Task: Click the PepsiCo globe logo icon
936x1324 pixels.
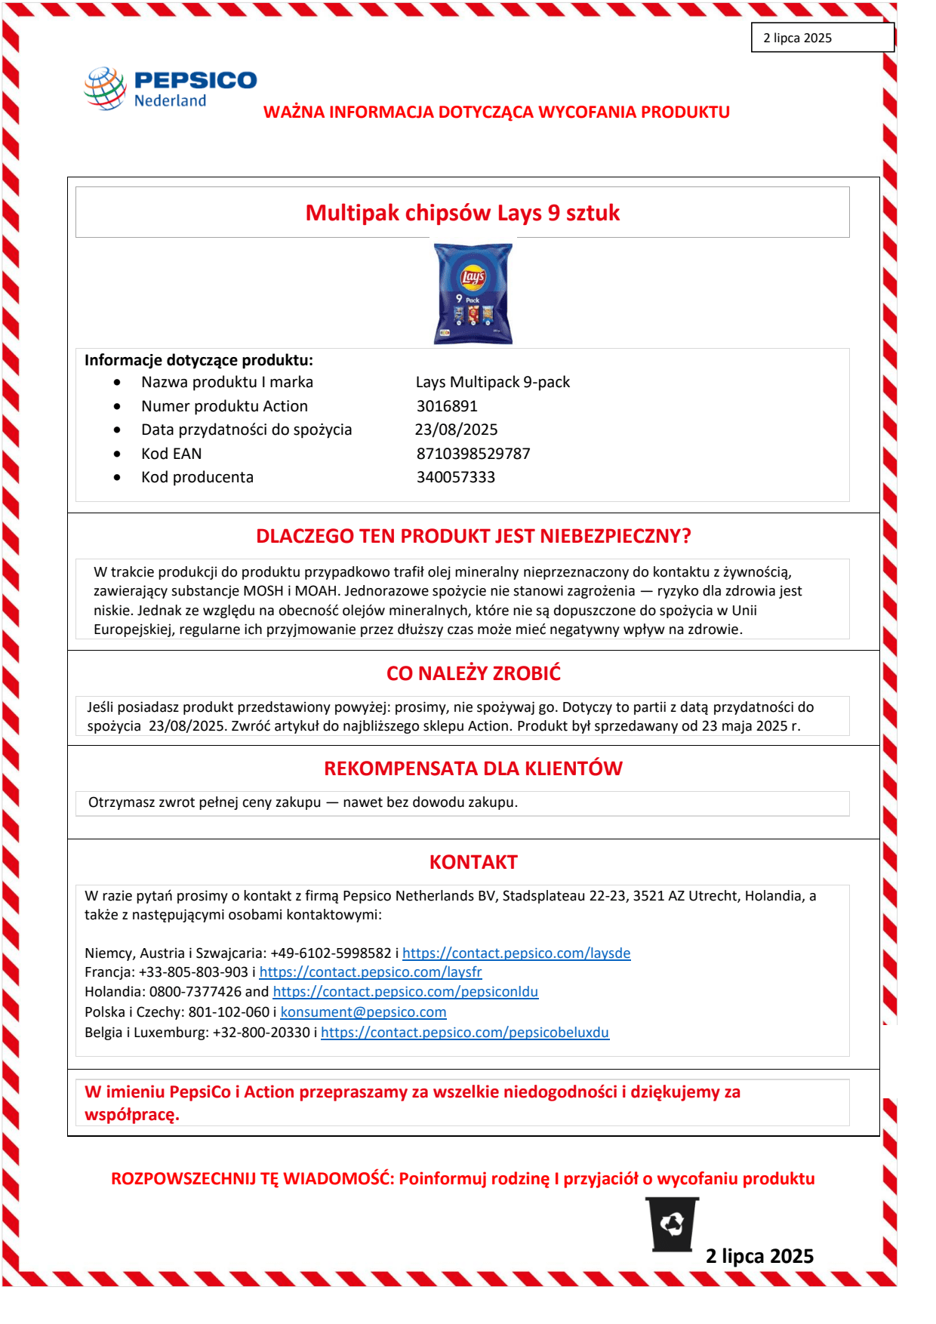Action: pyautogui.click(x=105, y=88)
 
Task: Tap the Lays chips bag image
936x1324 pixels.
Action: pyautogui.click(x=473, y=294)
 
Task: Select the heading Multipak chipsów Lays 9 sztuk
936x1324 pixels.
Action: pyautogui.click(x=462, y=213)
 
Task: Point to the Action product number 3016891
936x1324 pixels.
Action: pyautogui.click(x=447, y=406)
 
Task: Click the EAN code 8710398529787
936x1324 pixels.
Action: pyautogui.click(x=473, y=454)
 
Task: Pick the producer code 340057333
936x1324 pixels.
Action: pyautogui.click(x=456, y=477)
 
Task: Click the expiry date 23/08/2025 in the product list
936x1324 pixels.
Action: pyautogui.click(x=456, y=430)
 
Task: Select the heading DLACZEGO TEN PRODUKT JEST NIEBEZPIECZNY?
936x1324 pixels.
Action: pyautogui.click(x=473, y=536)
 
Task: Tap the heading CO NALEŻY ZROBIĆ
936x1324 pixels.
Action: pyautogui.click(x=473, y=673)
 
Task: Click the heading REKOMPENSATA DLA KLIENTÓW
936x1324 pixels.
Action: pyautogui.click(x=473, y=768)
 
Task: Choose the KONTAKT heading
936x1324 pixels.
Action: pyautogui.click(x=473, y=862)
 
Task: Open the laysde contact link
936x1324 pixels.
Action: pyautogui.click(x=516, y=953)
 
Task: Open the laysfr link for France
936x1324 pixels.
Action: pyautogui.click(x=371, y=972)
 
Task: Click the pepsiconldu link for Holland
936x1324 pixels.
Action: pyautogui.click(x=405, y=992)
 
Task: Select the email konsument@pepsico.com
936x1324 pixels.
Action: pyautogui.click(x=363, y=1012)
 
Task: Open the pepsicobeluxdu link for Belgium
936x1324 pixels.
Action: pyautogui.click(x=465, y=1033)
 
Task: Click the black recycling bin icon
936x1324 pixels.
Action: pyautogui.click(x=673, y=1224)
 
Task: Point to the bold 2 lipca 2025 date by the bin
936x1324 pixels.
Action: pyautogui.click(x=759, y=1256)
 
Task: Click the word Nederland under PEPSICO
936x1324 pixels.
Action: pyautogui.click(x=170, y=101)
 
